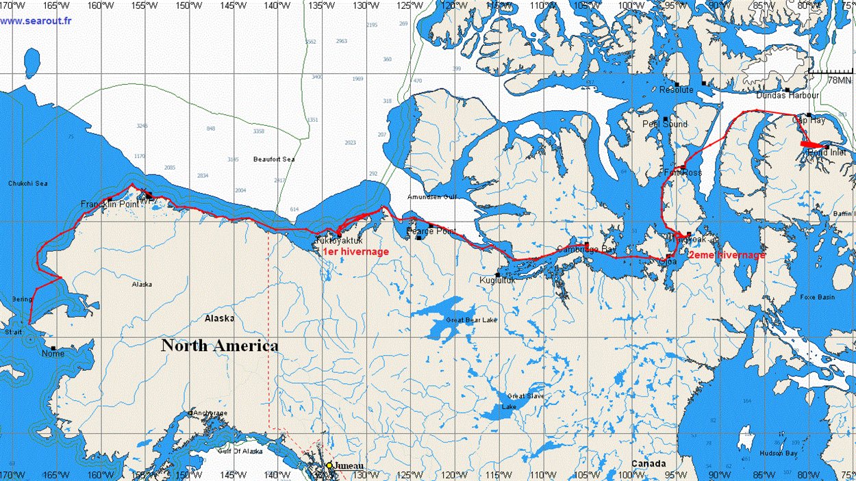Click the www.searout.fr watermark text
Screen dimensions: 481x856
point(36,21)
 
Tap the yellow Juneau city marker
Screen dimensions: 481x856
point(329,465)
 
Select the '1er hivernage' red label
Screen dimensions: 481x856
point(355,252)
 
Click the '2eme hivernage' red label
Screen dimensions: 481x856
point(727,255)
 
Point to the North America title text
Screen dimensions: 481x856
point(219,346)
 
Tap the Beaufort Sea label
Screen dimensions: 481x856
point(273,159)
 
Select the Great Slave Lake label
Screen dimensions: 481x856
point(525,401)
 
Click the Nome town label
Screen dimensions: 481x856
point(53,354)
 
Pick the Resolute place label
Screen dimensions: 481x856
point(676,90)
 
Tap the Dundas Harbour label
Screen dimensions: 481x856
point(787,95)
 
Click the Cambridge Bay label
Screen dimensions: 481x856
point(586,250)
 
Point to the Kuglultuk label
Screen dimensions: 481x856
point(497,281)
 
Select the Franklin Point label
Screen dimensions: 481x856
point(105,204)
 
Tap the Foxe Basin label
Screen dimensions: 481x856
point(817,298)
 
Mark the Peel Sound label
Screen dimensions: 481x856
point(664,124)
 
